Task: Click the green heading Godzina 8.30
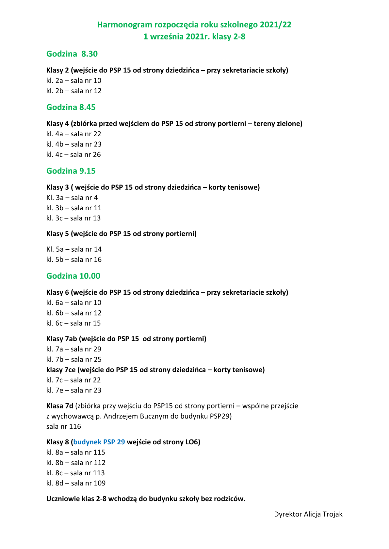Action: (x=72, y=54)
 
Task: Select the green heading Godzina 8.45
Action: (x=71, y=107)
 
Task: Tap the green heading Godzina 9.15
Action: (x=71, y=171)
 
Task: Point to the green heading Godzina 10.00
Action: (x=73, y=276)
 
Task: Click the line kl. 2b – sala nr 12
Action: (x=74, y=91)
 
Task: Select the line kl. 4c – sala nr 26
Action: (x=73, y=155)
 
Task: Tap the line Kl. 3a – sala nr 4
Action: (x=72, y=198)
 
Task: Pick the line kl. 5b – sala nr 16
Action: (x=74, y=260)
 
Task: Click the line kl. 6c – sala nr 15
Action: (x=73, y=323)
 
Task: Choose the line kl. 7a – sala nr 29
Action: (x=74, y=349)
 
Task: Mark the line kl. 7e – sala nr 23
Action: (x=74, y=390)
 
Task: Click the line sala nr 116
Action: (x=64, y=426)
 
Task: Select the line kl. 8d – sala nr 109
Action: (x=76, y=483)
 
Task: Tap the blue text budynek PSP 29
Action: (x=99, y=442)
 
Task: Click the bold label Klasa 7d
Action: (x=60, y=406)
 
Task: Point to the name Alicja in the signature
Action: (x=312, y=514)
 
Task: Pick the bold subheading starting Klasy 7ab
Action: (x=126, y=339)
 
